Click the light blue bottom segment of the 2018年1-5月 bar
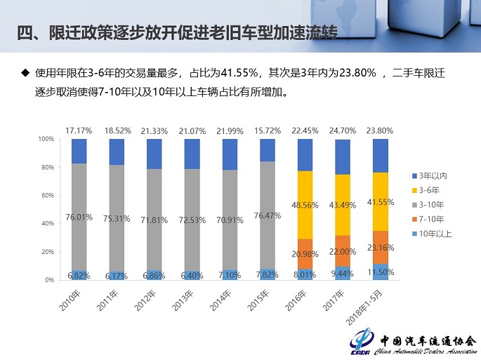(x=380, y=272)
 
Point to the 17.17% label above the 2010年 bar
(x=79, y=131)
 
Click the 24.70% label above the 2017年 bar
(x=343, y=131)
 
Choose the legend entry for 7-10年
(x=430, y=218)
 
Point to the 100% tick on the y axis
(x=45, y=139)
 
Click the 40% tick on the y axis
(x=46, y=223)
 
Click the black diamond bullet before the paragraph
(x=25, y=72)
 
